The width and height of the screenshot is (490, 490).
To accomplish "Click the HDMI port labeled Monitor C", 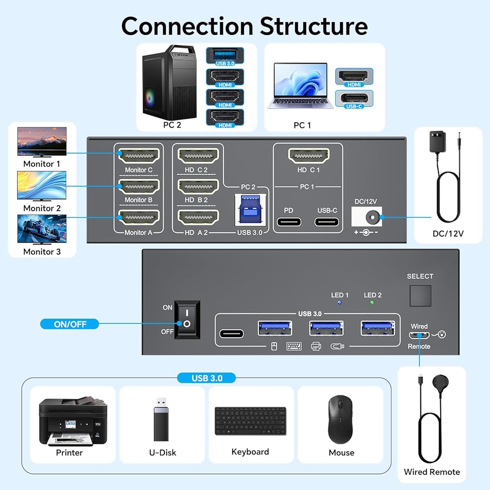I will [x=139, y=156].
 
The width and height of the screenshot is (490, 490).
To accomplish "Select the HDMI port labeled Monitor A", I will [x=139, y=218].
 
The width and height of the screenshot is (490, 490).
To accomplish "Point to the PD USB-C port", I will [x=289, y=221].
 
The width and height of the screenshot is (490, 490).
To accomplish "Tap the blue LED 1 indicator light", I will [x=340, y=303].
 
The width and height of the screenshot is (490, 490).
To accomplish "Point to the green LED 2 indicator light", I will [x=372, y=303].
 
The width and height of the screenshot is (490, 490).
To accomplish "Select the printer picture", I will [x=73, y=421].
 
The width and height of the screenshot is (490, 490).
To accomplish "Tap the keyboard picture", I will [x=250, y=420].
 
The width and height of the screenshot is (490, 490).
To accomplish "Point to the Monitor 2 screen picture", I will [x=42, y=186].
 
